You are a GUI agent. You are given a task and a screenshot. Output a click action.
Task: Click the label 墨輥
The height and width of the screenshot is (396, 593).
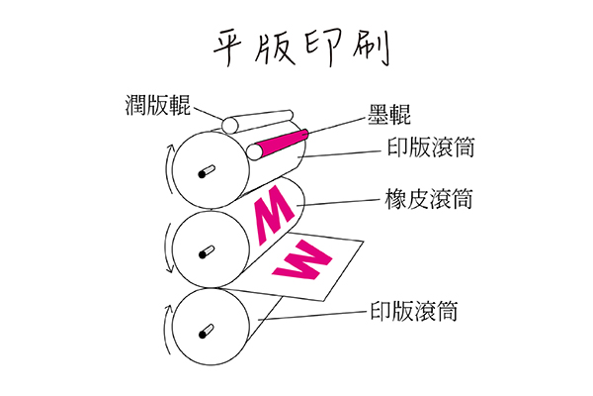click(379, 115)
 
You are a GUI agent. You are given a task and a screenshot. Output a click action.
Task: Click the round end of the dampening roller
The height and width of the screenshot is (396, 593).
click(229, 125)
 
